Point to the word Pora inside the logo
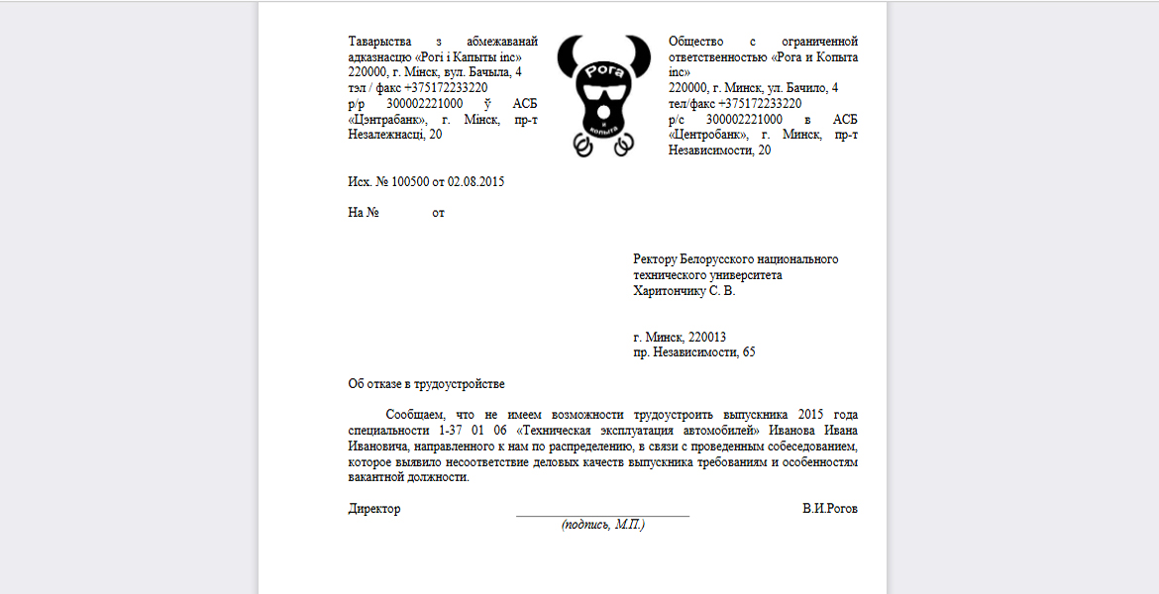point(602,72)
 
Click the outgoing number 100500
point(411,181)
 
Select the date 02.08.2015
point(475,181)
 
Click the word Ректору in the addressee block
point(658,259)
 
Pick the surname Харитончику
point(670,291)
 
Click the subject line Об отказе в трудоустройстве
point(426,384)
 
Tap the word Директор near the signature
point(374,509)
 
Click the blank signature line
point(602,514)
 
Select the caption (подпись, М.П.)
point(602,525)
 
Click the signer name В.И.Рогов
point(830,509)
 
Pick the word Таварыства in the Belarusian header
point(379,42)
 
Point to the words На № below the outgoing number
point(364,213)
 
